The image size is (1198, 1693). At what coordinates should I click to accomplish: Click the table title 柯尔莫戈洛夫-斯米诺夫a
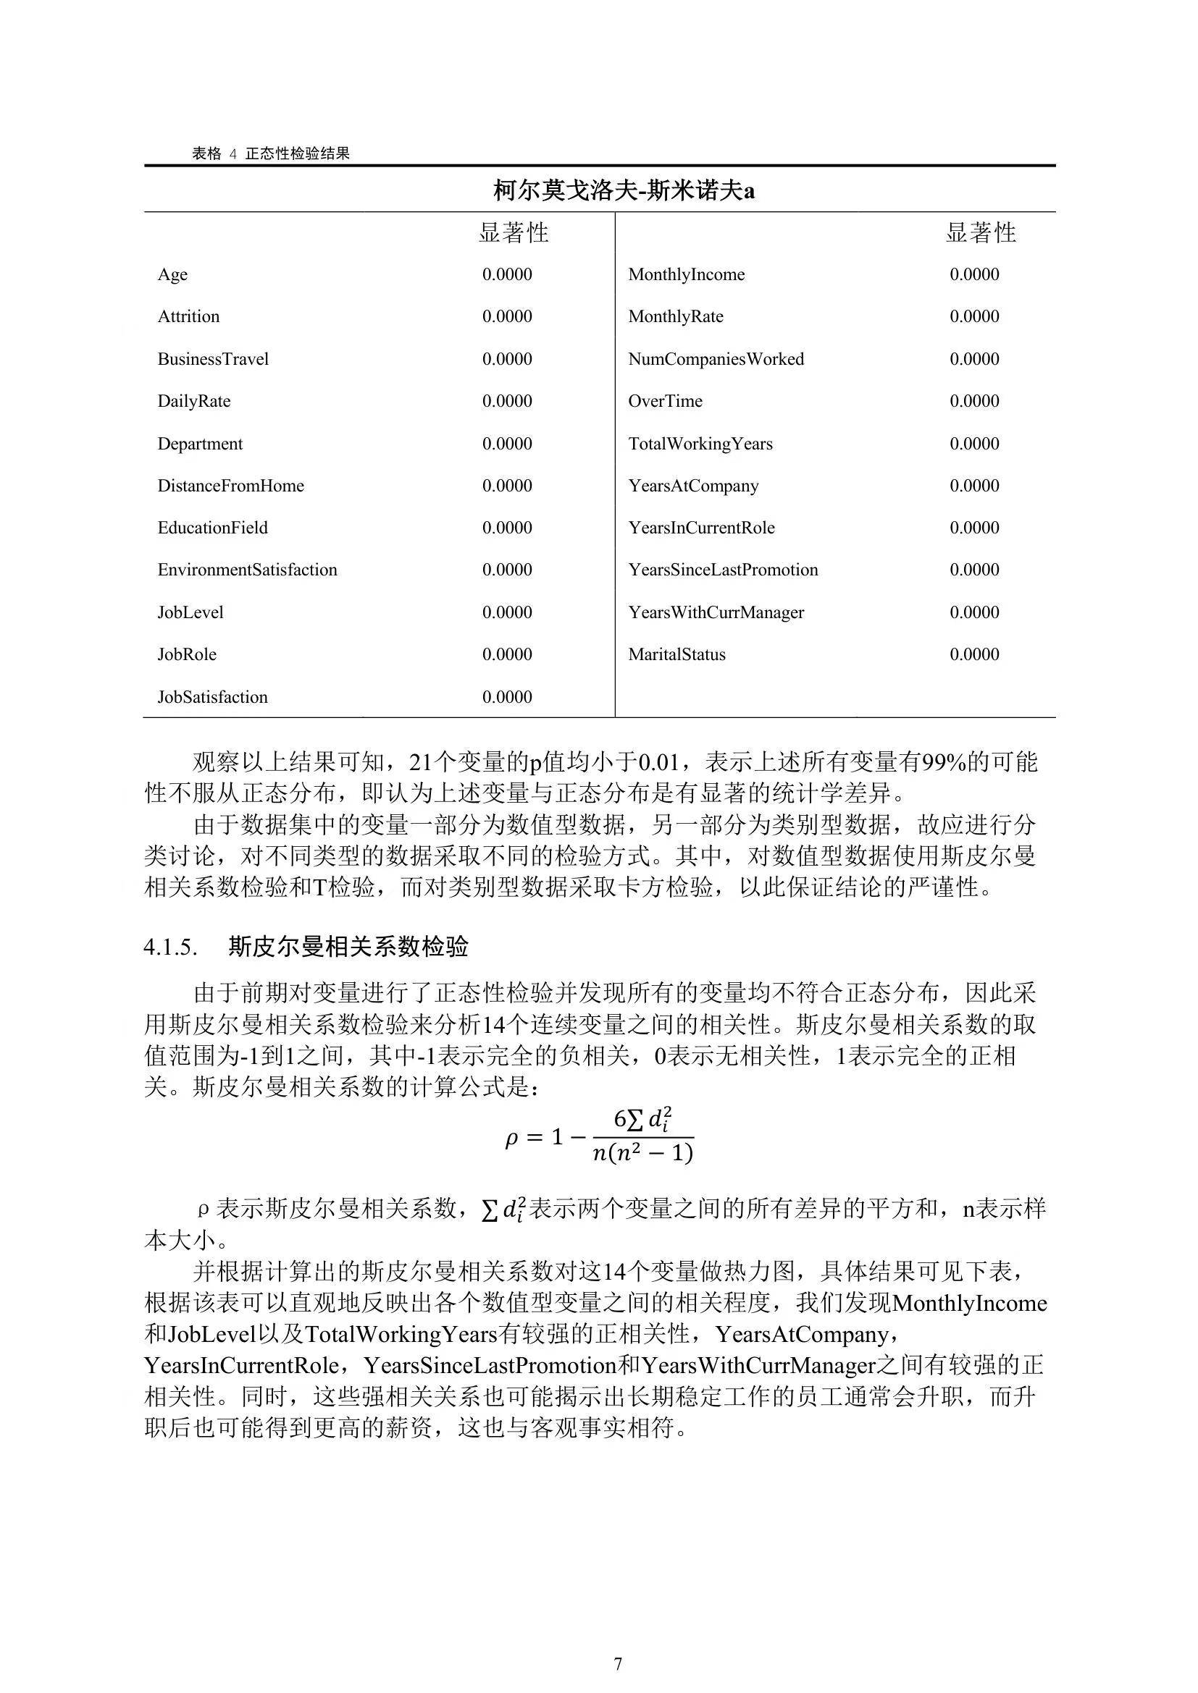click(624, 191)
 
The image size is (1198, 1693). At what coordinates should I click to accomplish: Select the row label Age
click(172, 274)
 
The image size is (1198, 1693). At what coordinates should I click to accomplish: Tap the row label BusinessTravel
click(213, 359)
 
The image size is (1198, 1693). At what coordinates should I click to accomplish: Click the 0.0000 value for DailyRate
click(507, 401)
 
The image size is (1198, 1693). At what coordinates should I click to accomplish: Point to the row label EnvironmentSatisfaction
click(247, 570)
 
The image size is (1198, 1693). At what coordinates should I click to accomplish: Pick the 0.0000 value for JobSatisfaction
click(507, 697)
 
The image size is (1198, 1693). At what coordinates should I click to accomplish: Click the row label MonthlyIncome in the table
click(686, 274)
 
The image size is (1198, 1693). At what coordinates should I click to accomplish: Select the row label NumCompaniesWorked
click(716, 359)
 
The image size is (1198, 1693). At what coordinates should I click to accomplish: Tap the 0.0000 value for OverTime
click(973, 401)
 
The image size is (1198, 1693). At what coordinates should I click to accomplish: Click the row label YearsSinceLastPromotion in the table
click(723, 570)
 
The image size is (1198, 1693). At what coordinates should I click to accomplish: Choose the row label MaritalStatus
click(677, 655)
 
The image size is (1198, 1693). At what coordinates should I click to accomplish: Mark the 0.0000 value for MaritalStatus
click(973, 655)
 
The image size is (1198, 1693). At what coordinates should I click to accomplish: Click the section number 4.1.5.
click(169, 947)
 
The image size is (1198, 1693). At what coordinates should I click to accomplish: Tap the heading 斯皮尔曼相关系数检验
click(348, 947)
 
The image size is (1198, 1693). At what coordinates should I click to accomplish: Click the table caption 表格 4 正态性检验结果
click(271, 153)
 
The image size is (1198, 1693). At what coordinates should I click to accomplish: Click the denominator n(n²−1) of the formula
click(642, 1152)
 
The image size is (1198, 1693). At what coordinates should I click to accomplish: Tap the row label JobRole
click(187, 655)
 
